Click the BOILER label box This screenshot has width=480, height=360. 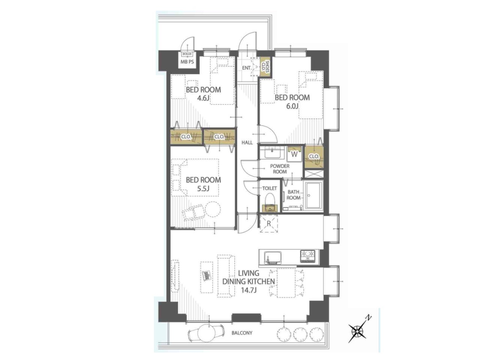(187, 54)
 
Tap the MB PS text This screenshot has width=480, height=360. (187, 62)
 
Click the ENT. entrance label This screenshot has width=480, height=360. (247, 68)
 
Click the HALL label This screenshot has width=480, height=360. (247, 142)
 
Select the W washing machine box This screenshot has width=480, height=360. (295, 154)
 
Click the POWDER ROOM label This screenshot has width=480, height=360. (280, 169)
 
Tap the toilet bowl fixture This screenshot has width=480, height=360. (270, 202)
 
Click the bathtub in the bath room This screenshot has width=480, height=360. (313, 195)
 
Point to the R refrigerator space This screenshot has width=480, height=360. (269, 224)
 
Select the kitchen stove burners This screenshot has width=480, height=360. (308, 256)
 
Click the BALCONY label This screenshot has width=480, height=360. (242, 333)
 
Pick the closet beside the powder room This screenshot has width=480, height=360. (314, 157)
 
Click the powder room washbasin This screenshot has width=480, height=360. (272, 152)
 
